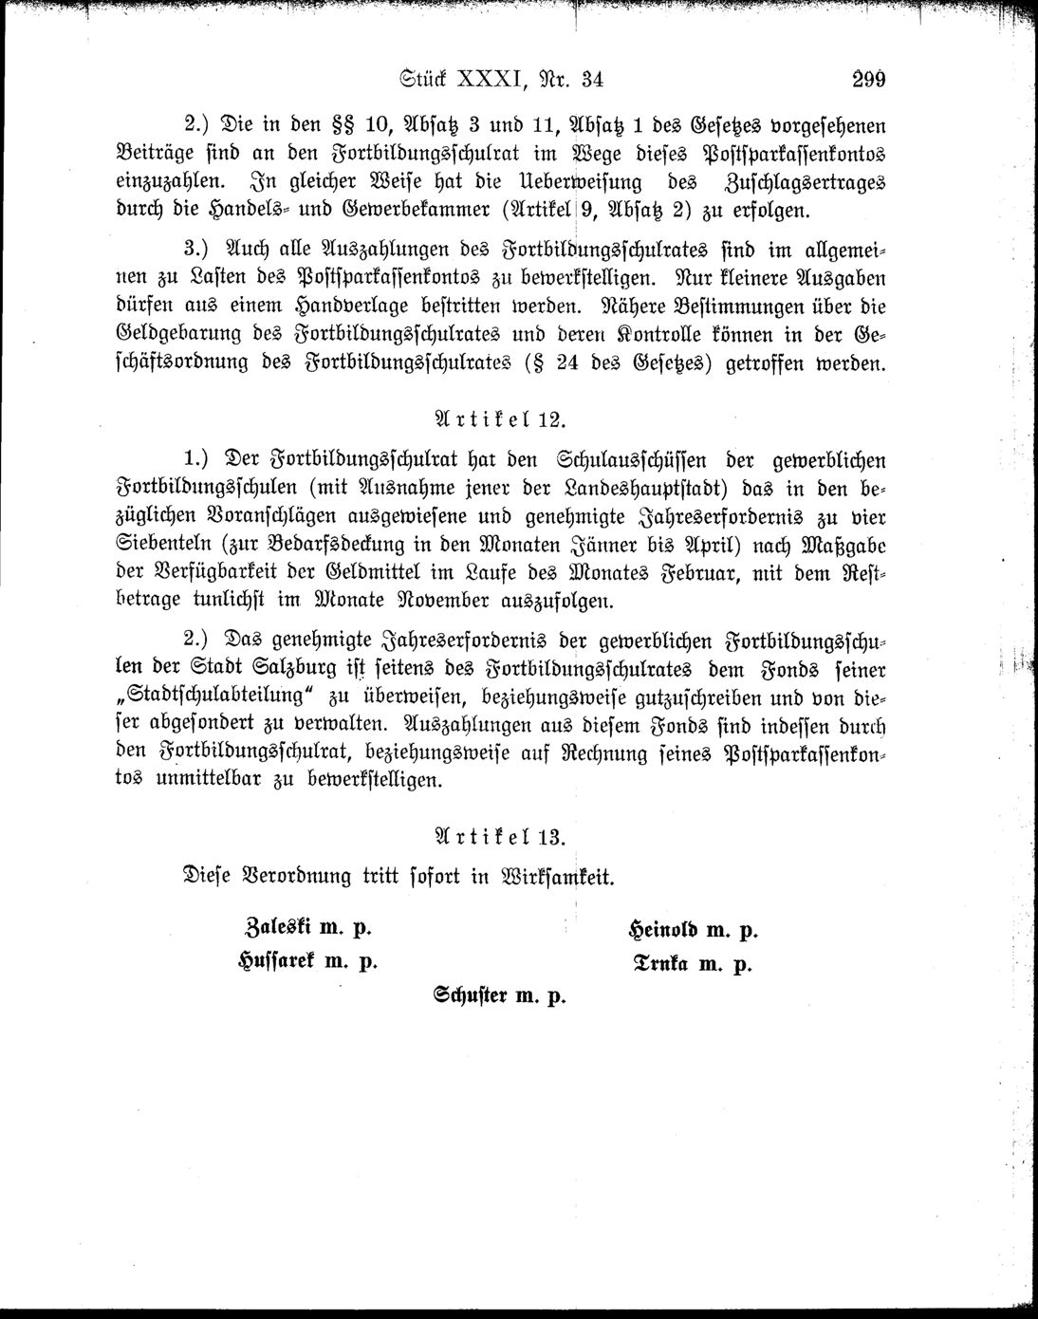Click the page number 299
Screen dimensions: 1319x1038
pyautogui.click(x=867, y=80)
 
